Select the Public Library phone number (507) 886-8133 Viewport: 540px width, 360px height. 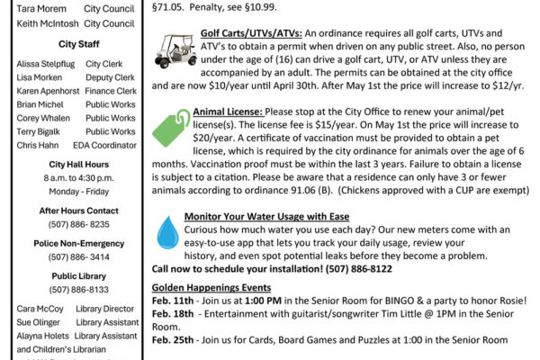click(74, 291)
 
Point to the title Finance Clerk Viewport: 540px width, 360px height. click(112, 91)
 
